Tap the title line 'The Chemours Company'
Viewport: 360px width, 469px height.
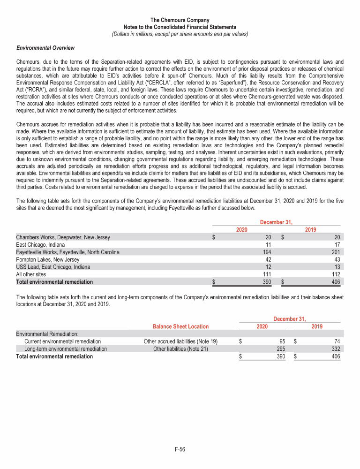180,20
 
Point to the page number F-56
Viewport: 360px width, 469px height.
180,450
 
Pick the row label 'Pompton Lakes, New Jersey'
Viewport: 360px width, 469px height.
47,259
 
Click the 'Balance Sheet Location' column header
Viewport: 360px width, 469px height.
180,326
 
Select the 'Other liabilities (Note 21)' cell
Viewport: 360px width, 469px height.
180,348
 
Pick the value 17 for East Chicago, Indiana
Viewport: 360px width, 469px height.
337,245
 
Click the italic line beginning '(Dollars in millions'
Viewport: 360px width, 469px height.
180,34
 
